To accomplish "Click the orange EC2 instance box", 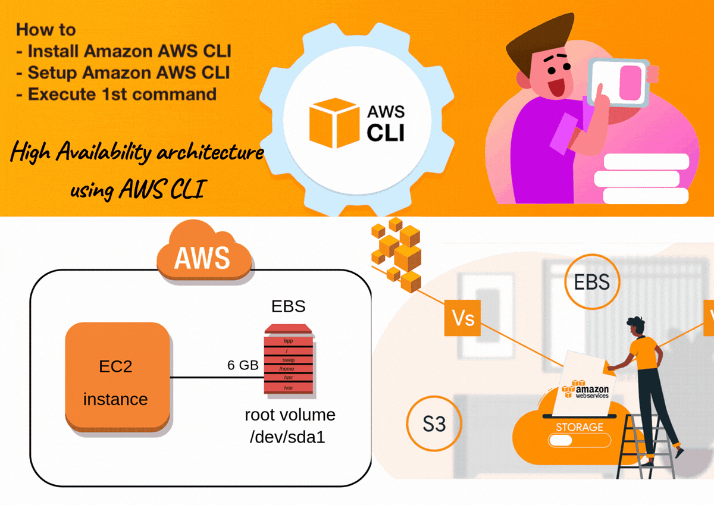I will (116, 376).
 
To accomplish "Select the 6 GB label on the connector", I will (243, 365).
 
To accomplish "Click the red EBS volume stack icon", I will (289, 359).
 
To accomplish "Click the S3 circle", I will (434, 424).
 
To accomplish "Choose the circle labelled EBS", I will (591, 281).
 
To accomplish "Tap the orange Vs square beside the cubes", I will (462, 318).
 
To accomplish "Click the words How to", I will (46, 29).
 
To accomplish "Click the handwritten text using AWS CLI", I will (137, 190).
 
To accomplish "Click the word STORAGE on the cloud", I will (579, 427).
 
